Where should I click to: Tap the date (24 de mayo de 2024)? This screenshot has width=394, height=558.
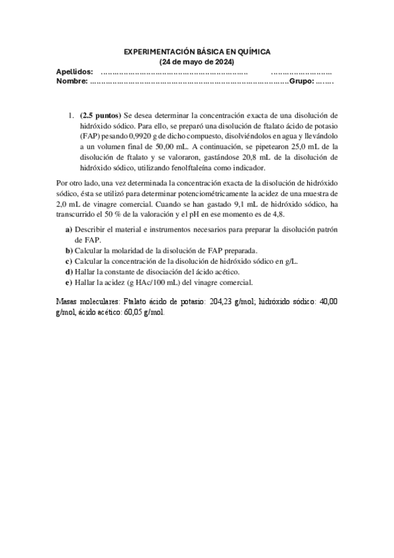click(197, 61)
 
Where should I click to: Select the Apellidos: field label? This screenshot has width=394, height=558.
click(74, 71)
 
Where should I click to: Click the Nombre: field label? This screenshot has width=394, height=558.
click(72, 81)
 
